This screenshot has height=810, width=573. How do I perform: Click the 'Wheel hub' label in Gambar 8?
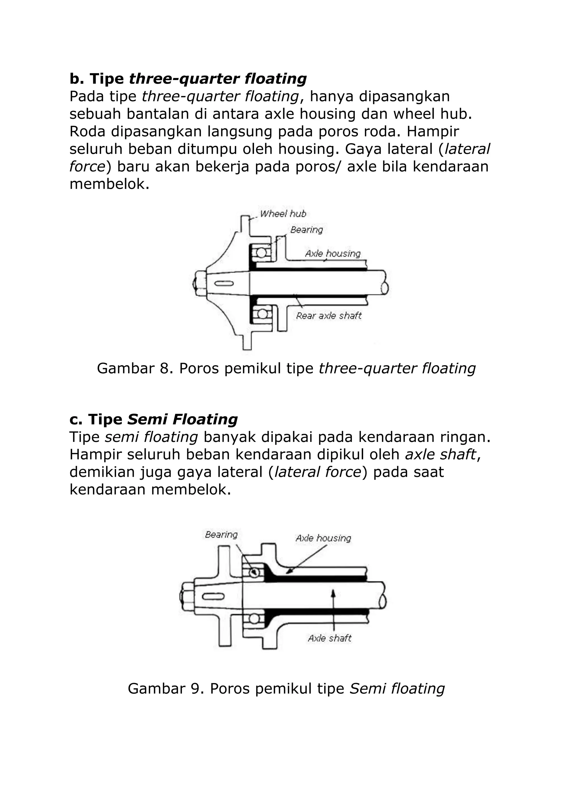(x=283, y=214)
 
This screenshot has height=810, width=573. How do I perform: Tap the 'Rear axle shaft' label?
(x=329, y=316)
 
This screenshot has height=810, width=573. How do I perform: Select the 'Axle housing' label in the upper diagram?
(x=333, y=254)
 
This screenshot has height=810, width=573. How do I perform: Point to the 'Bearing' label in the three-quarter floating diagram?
(x=307, y=230)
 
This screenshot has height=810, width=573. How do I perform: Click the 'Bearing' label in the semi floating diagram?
(x=221, y=535)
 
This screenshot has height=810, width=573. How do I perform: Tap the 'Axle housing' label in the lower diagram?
(x=323, y=538)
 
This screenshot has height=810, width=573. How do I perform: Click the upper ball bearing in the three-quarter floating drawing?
(x=261, y=253)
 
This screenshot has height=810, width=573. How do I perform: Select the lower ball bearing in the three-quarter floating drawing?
(x=261, y=313)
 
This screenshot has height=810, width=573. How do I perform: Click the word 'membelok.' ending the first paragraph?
(x=109, y=184)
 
